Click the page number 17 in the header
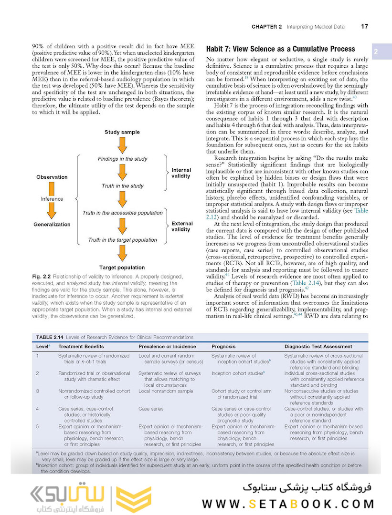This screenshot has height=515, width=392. [364, 27]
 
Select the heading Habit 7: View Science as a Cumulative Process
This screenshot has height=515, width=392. [280, 49]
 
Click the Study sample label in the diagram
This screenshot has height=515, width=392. [122, 132]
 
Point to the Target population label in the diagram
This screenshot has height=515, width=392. [122, 268]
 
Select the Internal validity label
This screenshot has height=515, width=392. [181, 173]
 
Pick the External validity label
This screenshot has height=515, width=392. [182, 226]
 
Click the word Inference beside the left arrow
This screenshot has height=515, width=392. [52, 199]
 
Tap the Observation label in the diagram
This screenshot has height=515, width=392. [52, 177]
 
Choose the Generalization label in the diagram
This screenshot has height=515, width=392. [52, 224]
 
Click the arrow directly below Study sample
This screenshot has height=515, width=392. [122, 145]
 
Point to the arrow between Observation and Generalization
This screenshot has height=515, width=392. [52, 199]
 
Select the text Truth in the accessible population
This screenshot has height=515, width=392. [122, 213]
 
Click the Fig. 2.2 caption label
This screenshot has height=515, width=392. [42, 277]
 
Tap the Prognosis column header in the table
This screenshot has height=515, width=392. [223, 346]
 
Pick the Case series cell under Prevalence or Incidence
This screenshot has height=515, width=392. [151, 409]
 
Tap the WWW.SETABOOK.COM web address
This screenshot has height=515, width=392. [288, 504]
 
